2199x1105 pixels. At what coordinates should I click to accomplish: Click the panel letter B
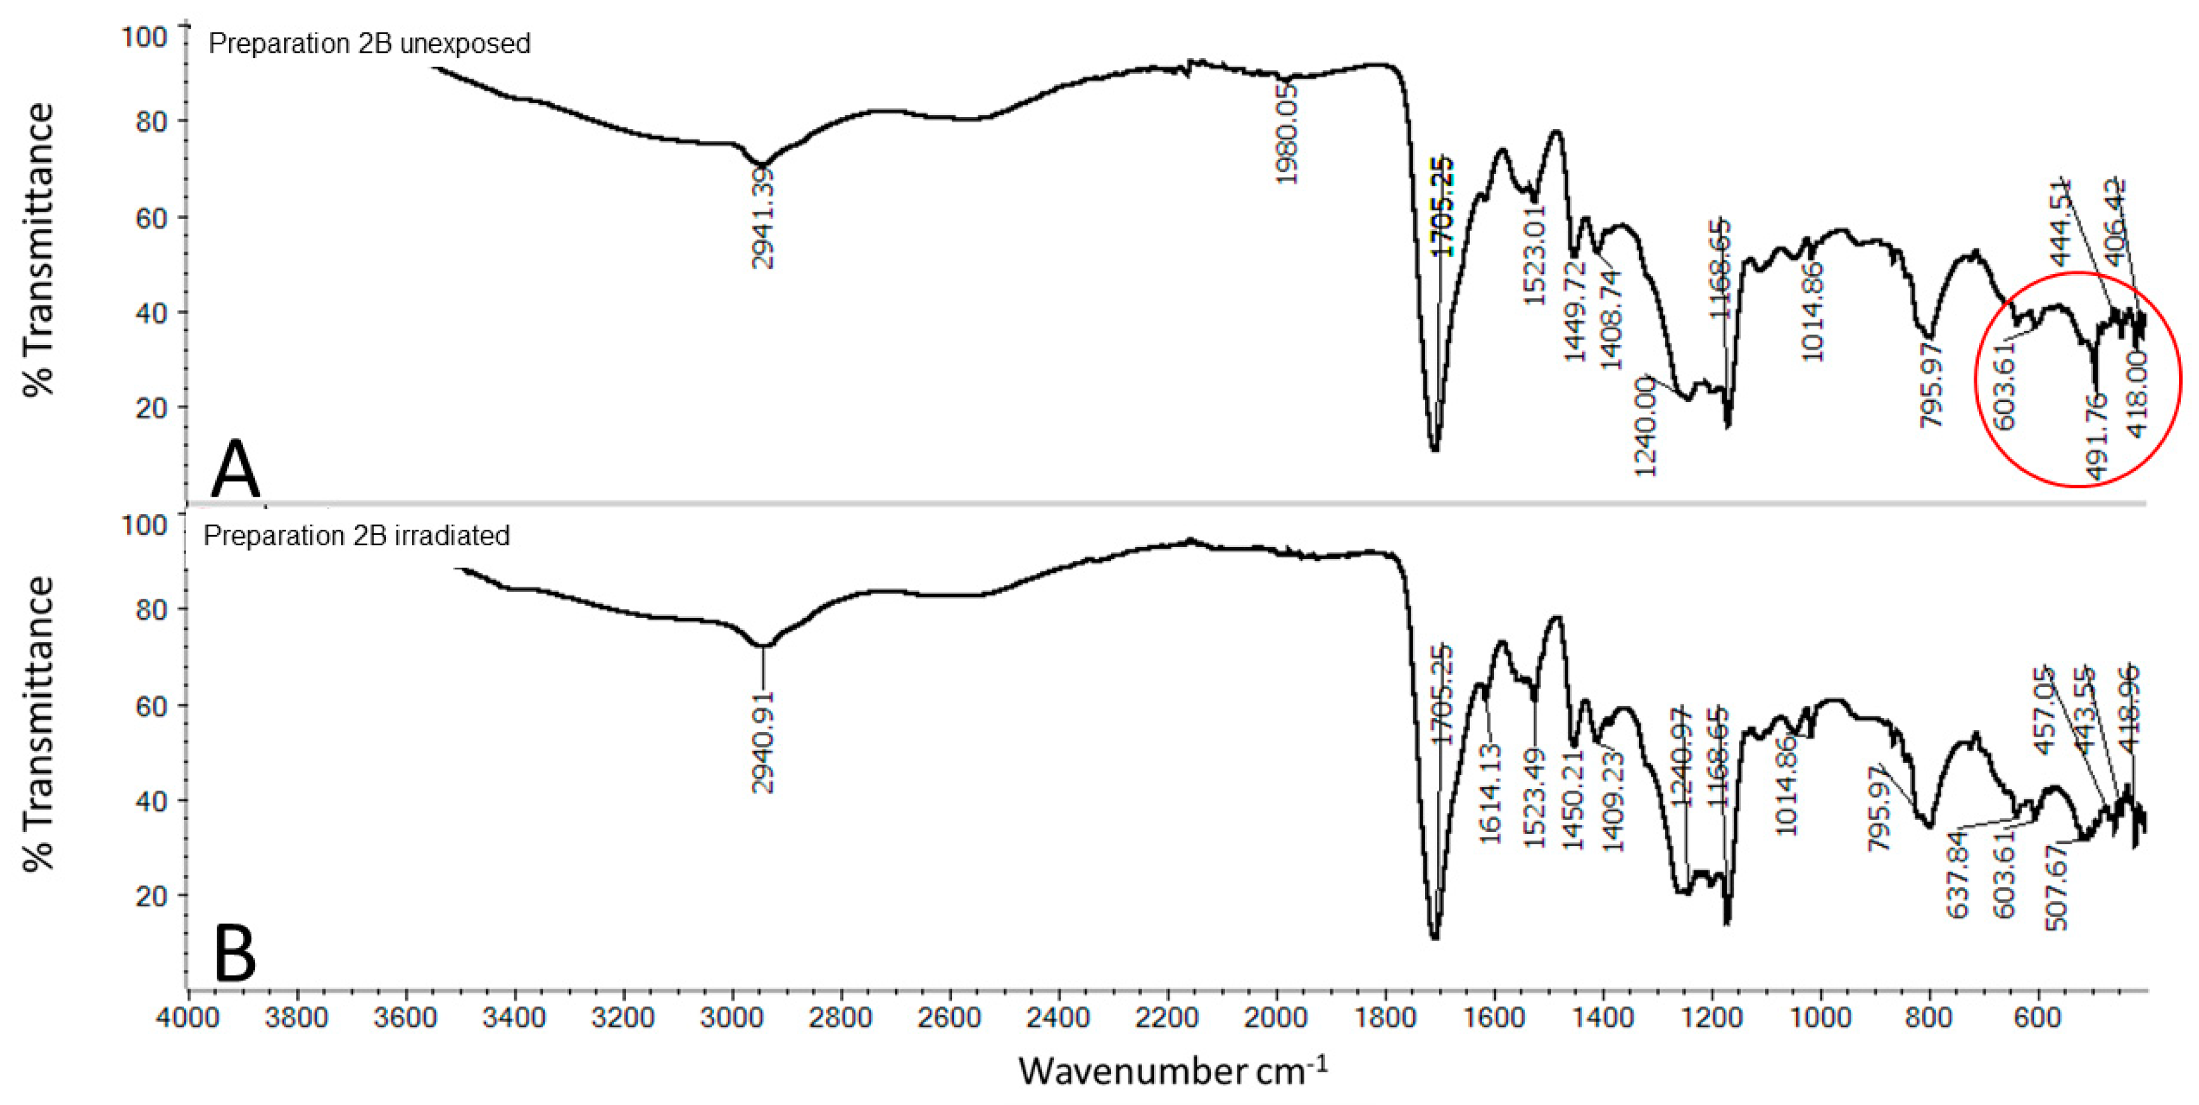click(235, 954)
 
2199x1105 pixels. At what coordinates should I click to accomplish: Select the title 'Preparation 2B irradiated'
click(356, 536)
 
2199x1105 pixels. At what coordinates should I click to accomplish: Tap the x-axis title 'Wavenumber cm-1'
click(1172, 1070)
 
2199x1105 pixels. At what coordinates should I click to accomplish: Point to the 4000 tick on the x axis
click(188, 1018)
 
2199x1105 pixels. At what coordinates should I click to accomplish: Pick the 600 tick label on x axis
click(2038, 1018)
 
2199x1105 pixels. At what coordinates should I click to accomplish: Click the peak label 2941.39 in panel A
click(763, 218)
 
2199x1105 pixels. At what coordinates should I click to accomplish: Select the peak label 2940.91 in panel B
click(763, 741)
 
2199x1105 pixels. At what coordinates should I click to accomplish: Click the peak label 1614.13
click(1490, 793)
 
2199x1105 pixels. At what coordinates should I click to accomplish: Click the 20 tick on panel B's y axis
click(150, 896)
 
